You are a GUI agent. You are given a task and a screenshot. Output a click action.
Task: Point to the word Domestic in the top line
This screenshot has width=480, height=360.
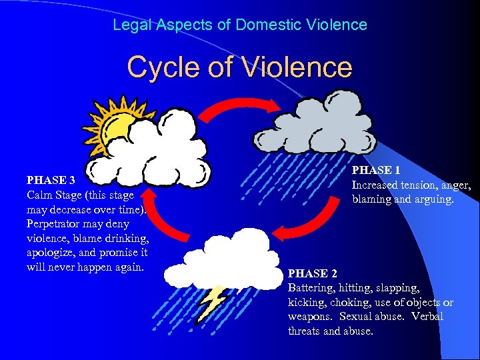pyautogui.click(x=267, y=25)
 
